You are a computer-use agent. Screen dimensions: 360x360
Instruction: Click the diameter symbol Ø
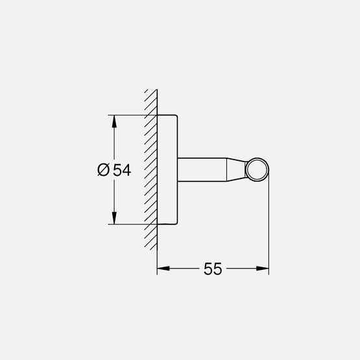coord(103,170)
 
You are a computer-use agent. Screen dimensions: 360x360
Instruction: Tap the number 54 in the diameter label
coord(122,170)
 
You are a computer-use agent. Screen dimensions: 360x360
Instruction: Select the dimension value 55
coord(213,269)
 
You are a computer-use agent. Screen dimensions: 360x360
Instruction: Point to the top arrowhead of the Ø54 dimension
coord(114,120)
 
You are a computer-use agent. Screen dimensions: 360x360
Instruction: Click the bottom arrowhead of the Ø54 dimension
coord(114,220)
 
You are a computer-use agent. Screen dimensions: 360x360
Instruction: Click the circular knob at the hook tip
coord(257,170)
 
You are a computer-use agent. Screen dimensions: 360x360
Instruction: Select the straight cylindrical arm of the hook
coord(201,170)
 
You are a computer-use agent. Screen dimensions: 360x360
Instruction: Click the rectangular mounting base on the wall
coord(167,170)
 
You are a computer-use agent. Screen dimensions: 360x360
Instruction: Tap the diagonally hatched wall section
coord(150,170)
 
